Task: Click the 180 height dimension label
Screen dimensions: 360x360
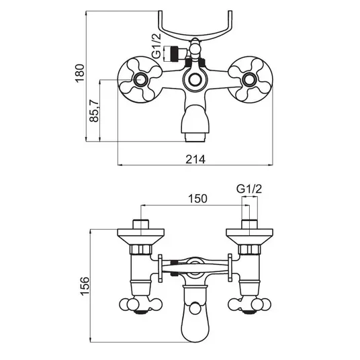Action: (x=80, y=73)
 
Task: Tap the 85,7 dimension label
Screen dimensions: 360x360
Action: (x=94, y=111)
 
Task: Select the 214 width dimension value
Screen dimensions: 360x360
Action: (x=195, y=159)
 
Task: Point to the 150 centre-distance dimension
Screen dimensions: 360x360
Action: (x=197, y=199)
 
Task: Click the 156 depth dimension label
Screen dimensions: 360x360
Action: (x=85, y=286)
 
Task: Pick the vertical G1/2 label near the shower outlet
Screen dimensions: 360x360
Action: (x=156, y=46)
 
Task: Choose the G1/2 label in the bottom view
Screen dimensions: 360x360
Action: (x=249, y=189)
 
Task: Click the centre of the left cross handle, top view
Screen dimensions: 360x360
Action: (x=140, y=80)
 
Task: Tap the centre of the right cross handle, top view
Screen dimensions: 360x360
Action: (x=250, y=80)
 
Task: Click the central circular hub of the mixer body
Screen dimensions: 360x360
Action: (x=195, y=80)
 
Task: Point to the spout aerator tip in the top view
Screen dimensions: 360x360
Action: (x=195, y=137)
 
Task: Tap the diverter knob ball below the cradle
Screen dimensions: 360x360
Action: (x=195, y=49)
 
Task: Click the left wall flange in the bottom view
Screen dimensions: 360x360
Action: (x=141, y=236)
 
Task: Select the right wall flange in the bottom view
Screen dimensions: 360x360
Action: (x=249, y=236)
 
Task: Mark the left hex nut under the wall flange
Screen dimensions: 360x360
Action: (x=141, y=250)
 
